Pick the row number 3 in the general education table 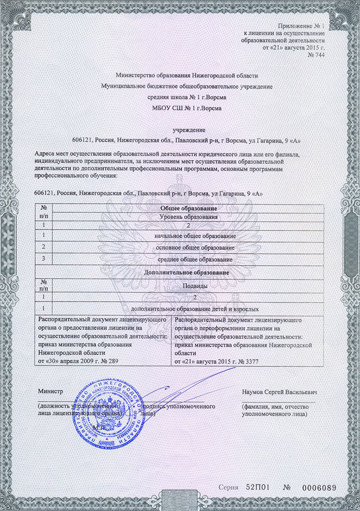pos(44,259)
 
